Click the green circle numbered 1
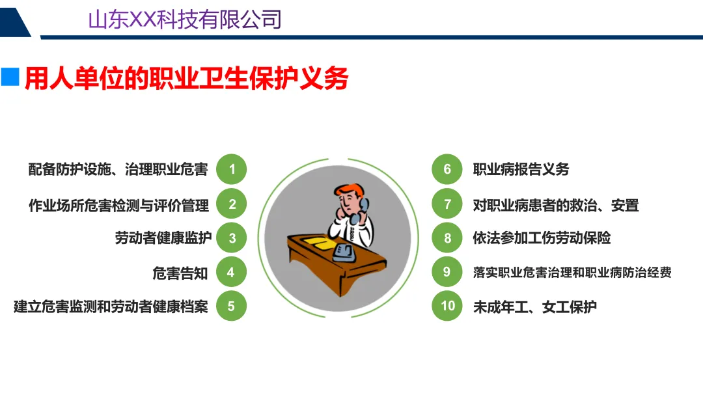pyautogui.click(x=231, y=169)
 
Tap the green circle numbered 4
pyautogui.click(x=231, y=272)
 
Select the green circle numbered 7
pyautogui.click(x=447, y=204)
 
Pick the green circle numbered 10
pyautogui.click(x=447, y=306)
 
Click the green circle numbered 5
pyautogui.click(x=231, y=306)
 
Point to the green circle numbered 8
pyautogui.click(x=447, y=238)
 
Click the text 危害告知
pyautogui.click(x=180, y=273)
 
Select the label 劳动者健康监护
pyautogui.click(x=163, y=238)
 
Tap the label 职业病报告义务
pyautogui.click(x=521, y=169)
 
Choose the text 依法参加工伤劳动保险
pyautogui.click(x=542, y=238)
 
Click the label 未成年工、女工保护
pyautogui.click(x=535, y=306)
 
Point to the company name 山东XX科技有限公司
pyautogui.click(x=185, y=20)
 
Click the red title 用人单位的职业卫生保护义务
pyautogui.click(x=187, y=79)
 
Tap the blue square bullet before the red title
pyautogui.click(x=10, y=77)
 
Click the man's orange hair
pyautogui.click(x=348, y=191)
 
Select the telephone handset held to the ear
pyautogui.click(x=360, y=211)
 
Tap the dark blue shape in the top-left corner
pyautogui.click(x=14, y=22)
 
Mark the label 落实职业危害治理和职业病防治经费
pyautogui.click(x=572, y=272)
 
